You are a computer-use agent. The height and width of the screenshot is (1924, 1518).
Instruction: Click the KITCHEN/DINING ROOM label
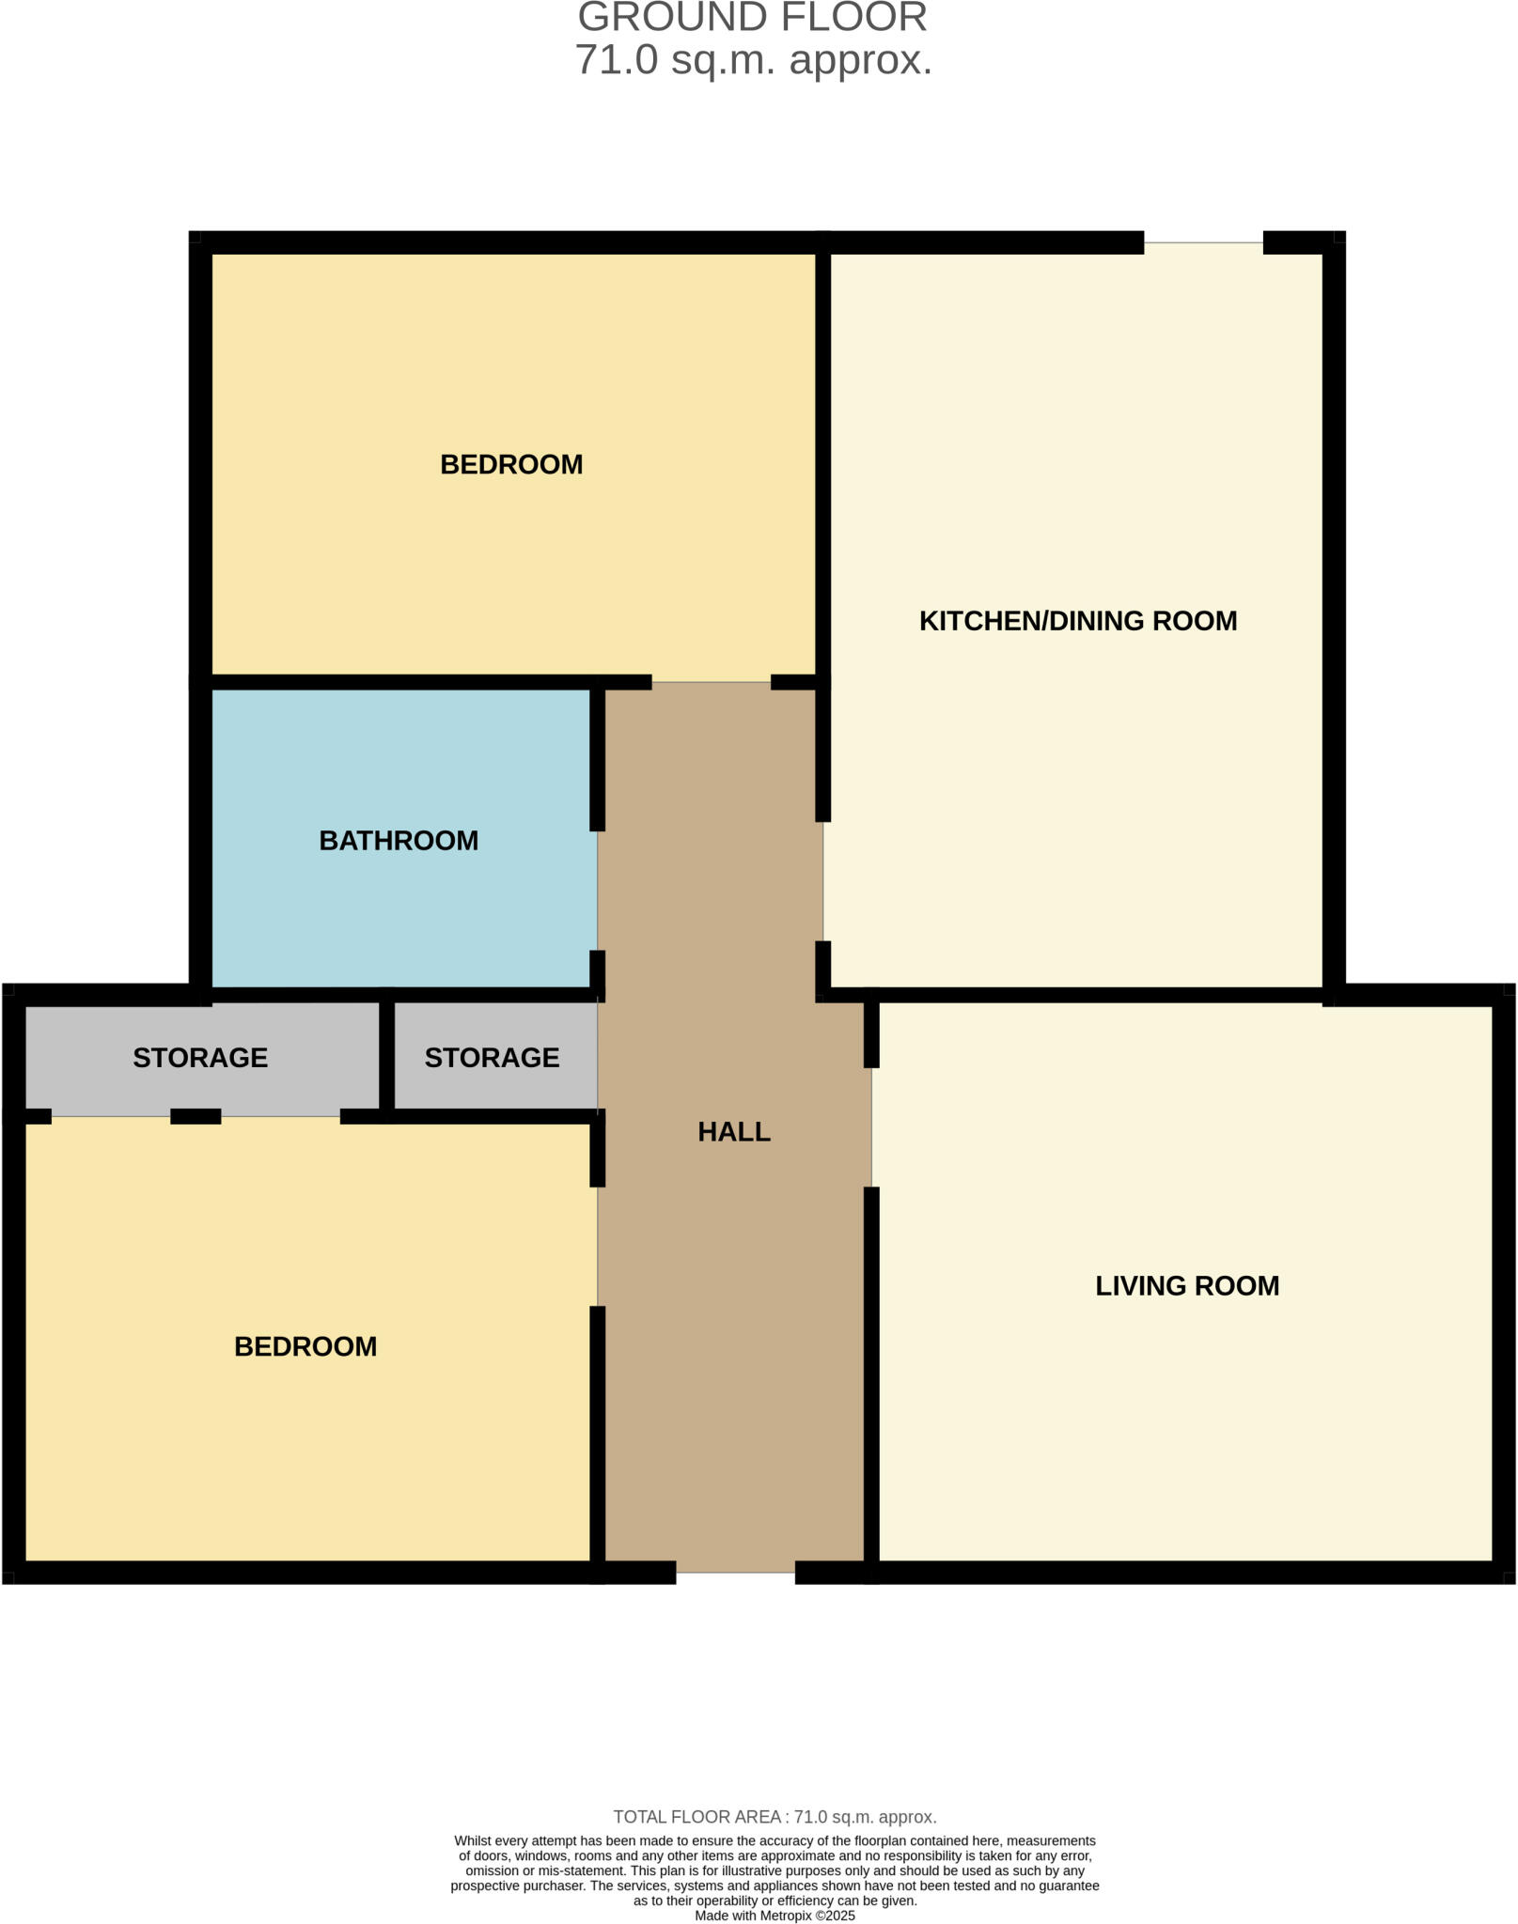1077,621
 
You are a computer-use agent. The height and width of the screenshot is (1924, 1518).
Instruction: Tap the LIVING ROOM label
1187,1286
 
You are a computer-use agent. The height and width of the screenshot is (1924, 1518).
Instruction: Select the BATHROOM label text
399,841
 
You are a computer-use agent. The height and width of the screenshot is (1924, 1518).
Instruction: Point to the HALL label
734,1132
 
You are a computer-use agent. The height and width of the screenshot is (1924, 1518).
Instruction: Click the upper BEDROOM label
511,464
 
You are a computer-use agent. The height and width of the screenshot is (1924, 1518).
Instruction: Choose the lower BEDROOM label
305,1346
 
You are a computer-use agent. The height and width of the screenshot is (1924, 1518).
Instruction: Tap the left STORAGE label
200,1058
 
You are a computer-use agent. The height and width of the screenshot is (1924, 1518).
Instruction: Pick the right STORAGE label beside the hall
492,1058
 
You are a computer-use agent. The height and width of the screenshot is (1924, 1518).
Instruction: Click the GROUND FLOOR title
752,17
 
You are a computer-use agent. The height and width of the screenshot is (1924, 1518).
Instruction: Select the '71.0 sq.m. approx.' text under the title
754,60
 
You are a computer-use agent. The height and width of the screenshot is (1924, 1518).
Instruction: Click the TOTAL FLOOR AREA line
775,1817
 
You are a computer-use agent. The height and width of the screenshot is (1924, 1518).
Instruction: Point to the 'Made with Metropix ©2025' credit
775,1916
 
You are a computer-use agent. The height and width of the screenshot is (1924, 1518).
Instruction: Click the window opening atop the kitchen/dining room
1203,243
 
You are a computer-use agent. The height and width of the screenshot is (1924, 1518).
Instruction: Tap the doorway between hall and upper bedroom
712,683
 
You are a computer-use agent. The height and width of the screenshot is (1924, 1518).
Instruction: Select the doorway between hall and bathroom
598,891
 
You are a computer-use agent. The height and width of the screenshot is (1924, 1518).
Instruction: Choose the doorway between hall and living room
871,1127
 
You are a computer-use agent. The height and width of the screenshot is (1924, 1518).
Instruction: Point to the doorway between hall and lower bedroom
598,1247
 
